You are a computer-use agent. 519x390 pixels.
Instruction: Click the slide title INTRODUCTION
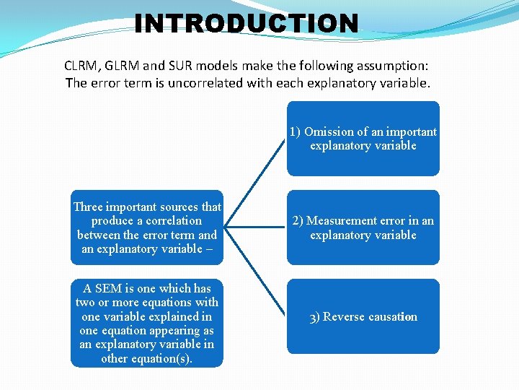tap(246, 23)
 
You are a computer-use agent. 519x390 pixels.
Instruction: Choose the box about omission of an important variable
tap(363, 139)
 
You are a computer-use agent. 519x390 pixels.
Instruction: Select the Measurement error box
tap(363, 227)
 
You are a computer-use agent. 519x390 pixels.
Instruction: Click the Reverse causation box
tap(363, 316)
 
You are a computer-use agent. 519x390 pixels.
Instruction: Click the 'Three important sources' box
tap(147, 227)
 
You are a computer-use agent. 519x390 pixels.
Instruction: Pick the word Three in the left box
tap(89, 207)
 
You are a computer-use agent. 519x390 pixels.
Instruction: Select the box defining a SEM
tap(147, 323)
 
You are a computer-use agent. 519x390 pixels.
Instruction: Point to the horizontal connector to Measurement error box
tap(255, 227)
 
